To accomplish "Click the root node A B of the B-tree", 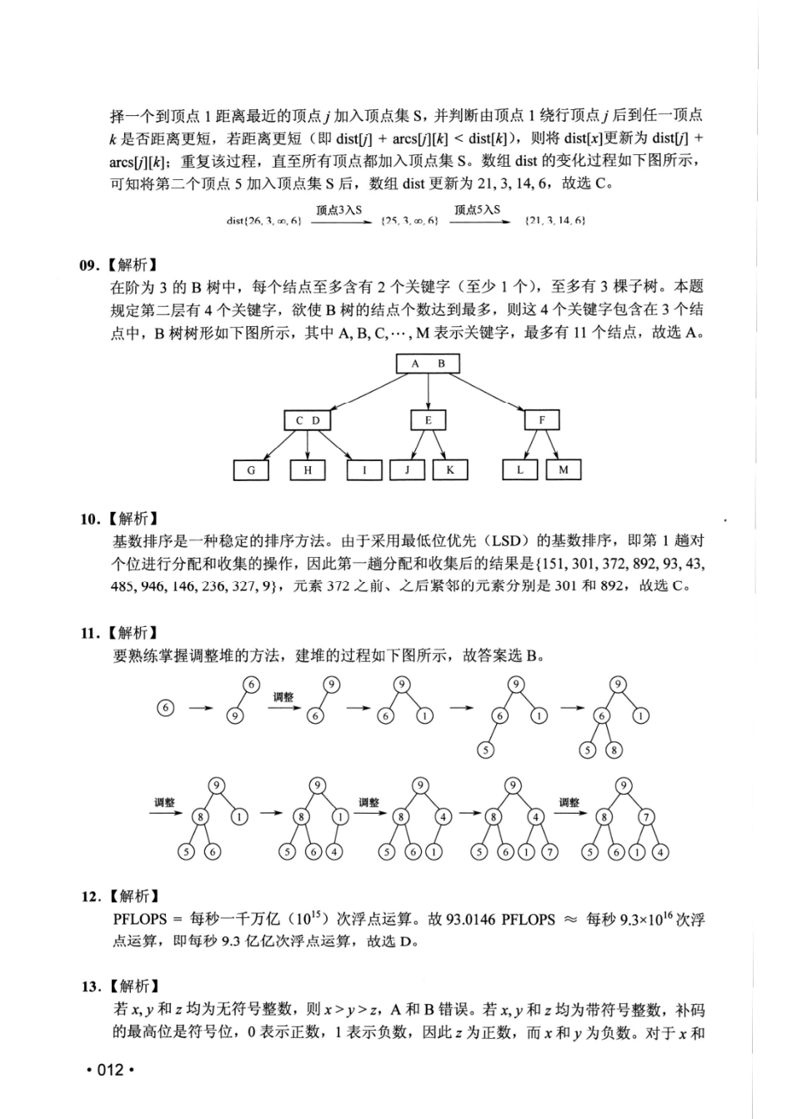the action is click(429, 364).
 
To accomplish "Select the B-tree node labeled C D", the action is click(308, 420).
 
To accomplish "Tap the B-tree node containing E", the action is click(429, 420).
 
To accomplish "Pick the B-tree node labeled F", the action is click(542, 419).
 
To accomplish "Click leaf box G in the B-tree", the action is click(251, 470).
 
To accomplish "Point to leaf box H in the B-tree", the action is click(308, 470).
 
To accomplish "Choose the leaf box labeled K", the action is click(450, 469).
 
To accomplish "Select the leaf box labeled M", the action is click(564, 470).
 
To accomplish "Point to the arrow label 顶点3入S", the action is click(338, 210).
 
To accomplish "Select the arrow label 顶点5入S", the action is click(478, 210).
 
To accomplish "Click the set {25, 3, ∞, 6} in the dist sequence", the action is click(409, 221).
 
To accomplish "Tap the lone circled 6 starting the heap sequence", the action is click(166, 708).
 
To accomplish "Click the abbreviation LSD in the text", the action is click(498, 541).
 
